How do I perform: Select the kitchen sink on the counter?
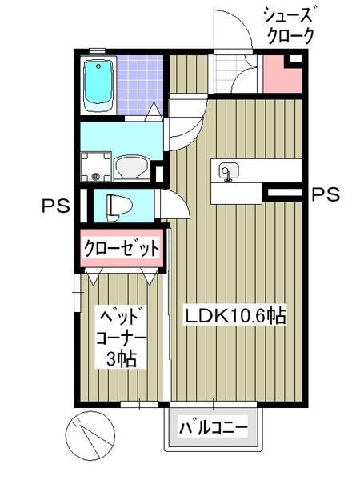[x=228, y=172]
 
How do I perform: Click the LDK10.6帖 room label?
[x=236, y=315]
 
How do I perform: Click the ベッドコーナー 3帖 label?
[x=120, y=335]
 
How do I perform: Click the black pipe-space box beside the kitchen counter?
[x=281, y=192]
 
